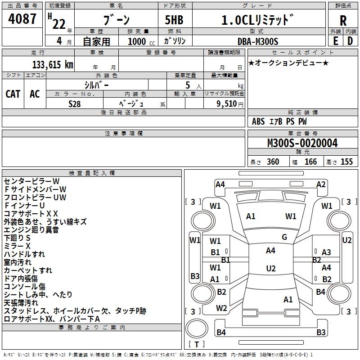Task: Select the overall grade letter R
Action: (343, 21)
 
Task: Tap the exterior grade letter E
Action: (335, 40)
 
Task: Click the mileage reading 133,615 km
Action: (53, 64)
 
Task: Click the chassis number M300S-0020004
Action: (302, 143)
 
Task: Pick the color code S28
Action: (75, 103)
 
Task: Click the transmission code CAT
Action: (13, 94)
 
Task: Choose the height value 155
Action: (346, 162)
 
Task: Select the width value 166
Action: (310, 162)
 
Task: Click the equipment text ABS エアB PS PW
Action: (279, 121)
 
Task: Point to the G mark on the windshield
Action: (284, 237)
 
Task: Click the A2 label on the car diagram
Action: (321, 184)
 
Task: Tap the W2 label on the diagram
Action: (221, 308)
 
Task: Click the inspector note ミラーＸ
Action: (17, 246)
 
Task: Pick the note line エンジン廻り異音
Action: (31, 230)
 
